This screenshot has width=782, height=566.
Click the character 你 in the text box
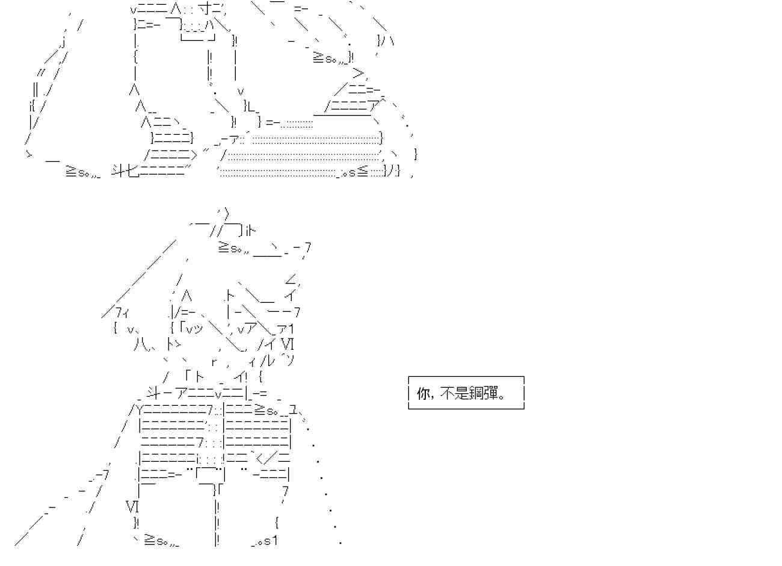pyautogui.click(x=423, y=394)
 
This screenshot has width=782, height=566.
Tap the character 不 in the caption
pyautogui.click(x=446, y=394)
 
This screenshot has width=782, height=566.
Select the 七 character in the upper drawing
pyautogui.click(x=133, y=170)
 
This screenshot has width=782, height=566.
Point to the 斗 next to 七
pyautogui.click(x=119, y=170)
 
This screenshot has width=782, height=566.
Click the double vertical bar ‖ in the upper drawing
pyautogui.click(x=35, y=90)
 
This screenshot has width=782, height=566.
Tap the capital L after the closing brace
pyautogui.click(x=251, y=106)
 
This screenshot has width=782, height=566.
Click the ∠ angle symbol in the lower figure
pyautogui.click(x=291, y=279)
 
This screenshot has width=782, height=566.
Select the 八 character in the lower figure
pyautogui.click(x=140, y=345)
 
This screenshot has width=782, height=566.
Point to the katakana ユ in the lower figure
pyautogui.click(x=293, y=411)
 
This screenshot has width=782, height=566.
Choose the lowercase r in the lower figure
pyautogui.click(x=214, y=362)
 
